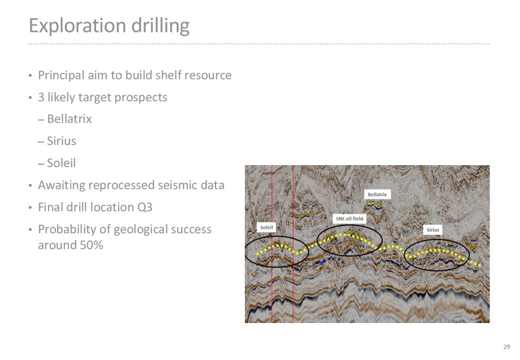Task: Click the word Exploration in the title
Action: pyautogui.click(x=77, y=25)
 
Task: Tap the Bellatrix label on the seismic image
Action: pyautogui.click(x=378, y=194)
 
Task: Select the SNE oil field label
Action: pyautogui.click(x=349, y=218)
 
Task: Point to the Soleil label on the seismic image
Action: pyautogui.click(x=266, y=227)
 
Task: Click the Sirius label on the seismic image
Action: pyautogui.click(x=433, y=229)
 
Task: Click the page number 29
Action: pyautogui.click(x=506, y=347)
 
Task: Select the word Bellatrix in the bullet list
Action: pyautogui.click(x=70, y=119)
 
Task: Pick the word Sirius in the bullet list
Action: pyautogui.click(x=61, y=141)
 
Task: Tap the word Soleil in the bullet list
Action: pyautogui.click(x=61, y=163)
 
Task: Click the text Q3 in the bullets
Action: pyautogui.click(x=145, y=207)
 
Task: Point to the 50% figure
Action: pyautogui.click(x=91, y=245)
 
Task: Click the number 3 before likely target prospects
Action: pyautogui.click(x=41, y=97)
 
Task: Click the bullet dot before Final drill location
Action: pyautogui.click(x=31, y=208)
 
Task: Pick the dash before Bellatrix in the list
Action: pyautogui.click(x=41, y=120)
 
